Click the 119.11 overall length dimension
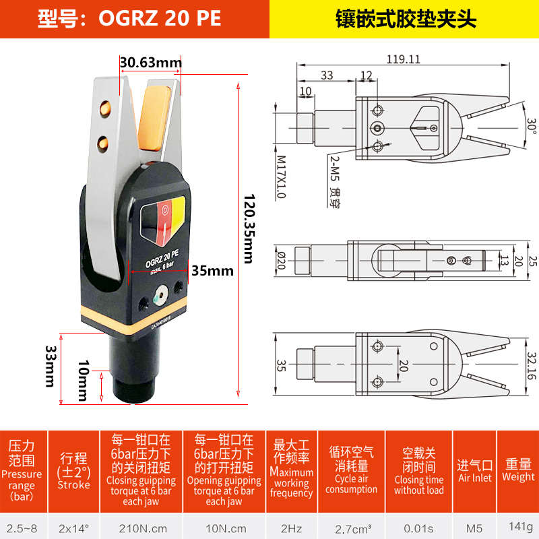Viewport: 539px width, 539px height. click(x=404, y=59)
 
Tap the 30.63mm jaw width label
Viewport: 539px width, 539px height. click(x=150, y=63)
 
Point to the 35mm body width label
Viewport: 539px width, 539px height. click(x=212, y=272)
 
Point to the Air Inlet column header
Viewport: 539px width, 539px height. click(x=474, y=470)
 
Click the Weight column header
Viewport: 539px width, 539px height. click(x=518, y=470)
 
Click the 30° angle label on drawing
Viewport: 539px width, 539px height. click(x=531, y=126)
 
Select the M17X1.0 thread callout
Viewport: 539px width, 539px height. click(x=281, y=177)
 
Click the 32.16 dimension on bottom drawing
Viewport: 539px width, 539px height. click(x=531, y=365)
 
